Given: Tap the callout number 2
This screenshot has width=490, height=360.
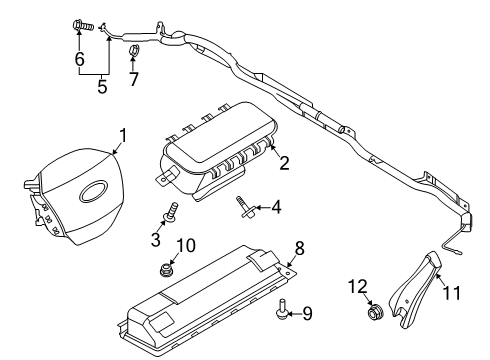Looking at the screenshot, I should [x=283, y=162].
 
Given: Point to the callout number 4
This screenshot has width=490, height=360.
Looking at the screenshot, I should [x=276, y=208].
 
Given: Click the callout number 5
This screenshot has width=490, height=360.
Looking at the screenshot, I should [x=101, y=87].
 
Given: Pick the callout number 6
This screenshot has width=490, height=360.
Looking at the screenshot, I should [x=79, y=60].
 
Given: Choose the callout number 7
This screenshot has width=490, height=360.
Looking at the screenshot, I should [x=133, y=77].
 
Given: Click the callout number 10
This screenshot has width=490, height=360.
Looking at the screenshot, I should [x=186, y=245].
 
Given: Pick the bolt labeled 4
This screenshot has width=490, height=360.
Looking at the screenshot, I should [x=244, y=206].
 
